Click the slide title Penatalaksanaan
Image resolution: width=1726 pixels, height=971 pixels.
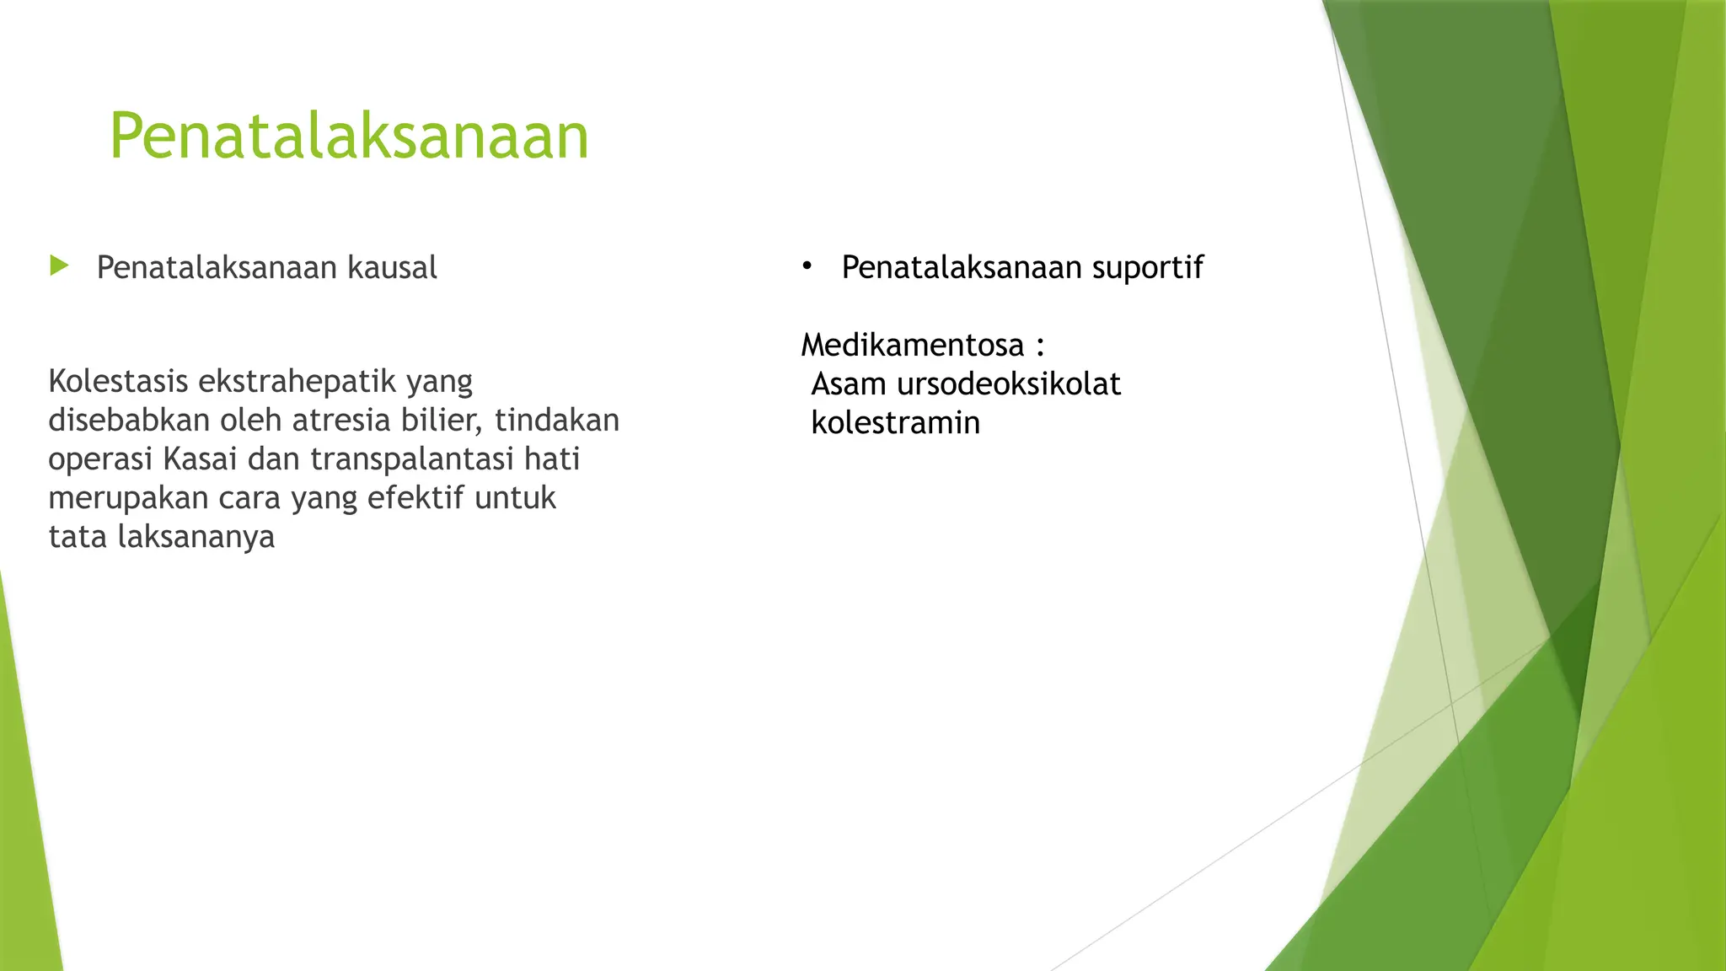[349, 136]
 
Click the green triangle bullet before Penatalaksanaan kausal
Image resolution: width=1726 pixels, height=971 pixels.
[59, 266]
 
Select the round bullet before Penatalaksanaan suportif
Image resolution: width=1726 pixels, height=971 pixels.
[807, 266]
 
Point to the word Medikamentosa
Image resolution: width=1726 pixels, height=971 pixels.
[912, 345]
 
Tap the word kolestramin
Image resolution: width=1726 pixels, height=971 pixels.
[895, 423]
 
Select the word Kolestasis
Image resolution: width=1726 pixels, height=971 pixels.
[118, 381]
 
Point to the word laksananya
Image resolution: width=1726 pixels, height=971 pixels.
[196, 538]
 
